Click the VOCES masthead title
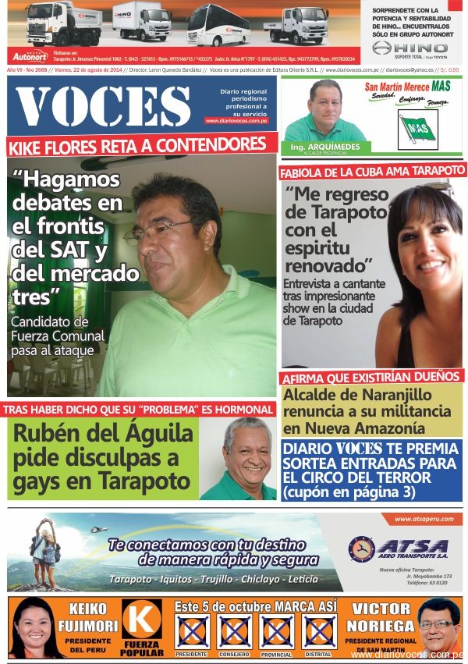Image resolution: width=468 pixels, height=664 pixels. point(103,105)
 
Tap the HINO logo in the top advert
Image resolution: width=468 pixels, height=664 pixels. point(409,48)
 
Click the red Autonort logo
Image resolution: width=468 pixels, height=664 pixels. point(30,56)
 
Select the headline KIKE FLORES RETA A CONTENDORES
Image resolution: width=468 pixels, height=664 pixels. point(137,145)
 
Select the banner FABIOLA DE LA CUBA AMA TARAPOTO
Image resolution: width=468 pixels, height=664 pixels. point(372,171)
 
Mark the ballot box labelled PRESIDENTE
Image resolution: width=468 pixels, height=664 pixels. point(192,631)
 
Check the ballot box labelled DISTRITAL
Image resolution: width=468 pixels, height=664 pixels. point(318,631)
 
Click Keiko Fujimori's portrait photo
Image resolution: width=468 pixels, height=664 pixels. point(35,628)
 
